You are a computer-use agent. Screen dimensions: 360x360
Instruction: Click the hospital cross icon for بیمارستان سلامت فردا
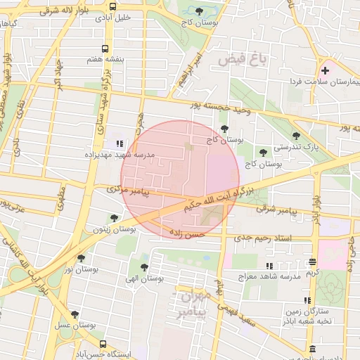point(325,70)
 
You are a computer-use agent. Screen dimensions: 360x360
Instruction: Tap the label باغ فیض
point(243,60)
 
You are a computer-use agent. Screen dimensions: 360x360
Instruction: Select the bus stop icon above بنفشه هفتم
point(105,49)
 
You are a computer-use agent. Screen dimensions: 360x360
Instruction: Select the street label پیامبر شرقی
point(278,210)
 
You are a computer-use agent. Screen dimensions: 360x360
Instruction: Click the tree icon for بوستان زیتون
point(115,219)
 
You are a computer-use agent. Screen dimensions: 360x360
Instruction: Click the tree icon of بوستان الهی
point(144,267)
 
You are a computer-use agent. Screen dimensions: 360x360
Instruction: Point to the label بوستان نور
point(79,269)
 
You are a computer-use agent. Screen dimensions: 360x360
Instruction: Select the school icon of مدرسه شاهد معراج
point(269,266)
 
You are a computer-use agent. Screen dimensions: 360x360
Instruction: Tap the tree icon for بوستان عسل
point(75,314)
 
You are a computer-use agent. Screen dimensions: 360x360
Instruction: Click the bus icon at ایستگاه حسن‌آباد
point(103,345)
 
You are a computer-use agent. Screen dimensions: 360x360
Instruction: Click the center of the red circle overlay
point(180,180)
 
